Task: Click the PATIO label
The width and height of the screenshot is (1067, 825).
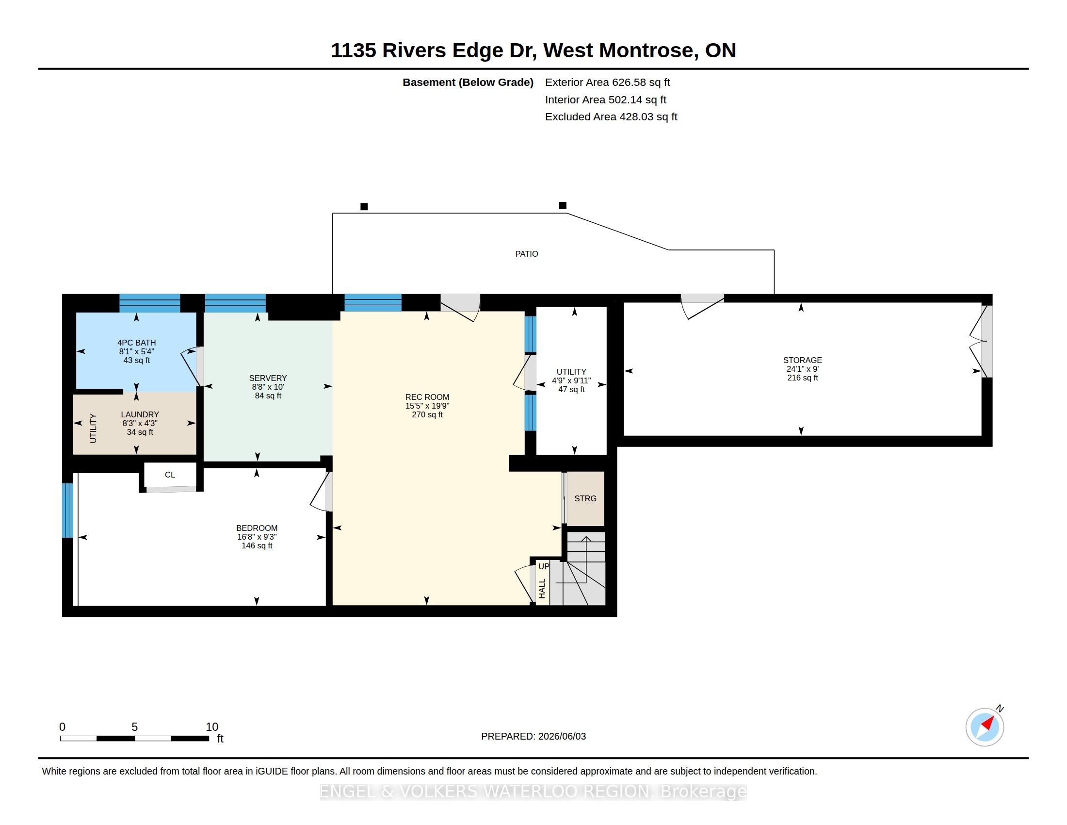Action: click(527, 254)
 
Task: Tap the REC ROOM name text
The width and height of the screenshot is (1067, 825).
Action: click(427, 397)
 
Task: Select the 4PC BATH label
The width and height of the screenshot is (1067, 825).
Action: click(136, 343)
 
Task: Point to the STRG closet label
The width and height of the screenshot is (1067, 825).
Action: click(585, 498)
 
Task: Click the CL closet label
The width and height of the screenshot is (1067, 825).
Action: click(170, 475)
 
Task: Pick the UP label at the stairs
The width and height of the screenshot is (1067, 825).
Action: click(544, 566)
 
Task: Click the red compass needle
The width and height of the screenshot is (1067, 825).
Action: click(988, 724)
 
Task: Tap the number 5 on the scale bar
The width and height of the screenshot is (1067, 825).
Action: click(135, 727)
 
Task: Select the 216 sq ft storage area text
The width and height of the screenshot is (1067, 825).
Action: click(802, 378)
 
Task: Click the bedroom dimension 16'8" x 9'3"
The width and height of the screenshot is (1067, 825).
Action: click(257, 537)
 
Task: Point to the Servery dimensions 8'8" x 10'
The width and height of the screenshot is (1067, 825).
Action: click(268, 387)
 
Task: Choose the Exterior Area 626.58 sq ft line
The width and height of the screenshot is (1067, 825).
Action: click(607, 82)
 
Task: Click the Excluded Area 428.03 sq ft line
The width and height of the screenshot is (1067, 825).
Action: click(611, 117)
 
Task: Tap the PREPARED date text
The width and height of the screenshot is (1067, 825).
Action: click(533, 736)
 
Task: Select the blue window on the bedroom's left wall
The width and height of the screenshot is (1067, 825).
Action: click(67, 510)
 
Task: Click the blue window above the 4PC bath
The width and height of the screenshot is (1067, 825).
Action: click(150, 303)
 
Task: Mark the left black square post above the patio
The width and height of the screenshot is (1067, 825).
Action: click(364, 207)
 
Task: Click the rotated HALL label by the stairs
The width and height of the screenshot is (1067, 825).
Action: click(542, 589)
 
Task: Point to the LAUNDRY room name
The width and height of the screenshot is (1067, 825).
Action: click(140, 414)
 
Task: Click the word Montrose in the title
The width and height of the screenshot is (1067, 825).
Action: click(646, 50)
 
